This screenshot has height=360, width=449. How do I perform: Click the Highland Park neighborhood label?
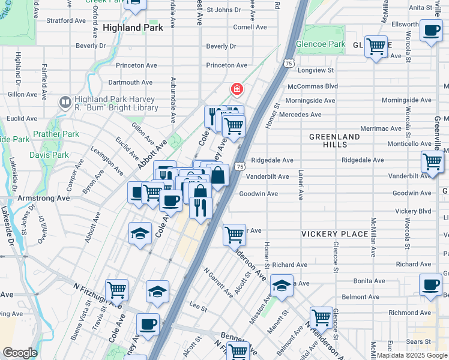133,28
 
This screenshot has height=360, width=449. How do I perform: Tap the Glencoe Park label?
321,44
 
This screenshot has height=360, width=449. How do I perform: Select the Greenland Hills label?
334,140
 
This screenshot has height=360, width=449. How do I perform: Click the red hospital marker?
237,89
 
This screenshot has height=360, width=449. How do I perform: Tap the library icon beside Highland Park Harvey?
65,103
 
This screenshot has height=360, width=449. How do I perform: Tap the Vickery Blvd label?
414,211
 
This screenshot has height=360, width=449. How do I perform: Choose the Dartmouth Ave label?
130,82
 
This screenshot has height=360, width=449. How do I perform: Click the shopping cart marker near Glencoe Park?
376,46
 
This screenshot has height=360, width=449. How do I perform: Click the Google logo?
20,353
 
